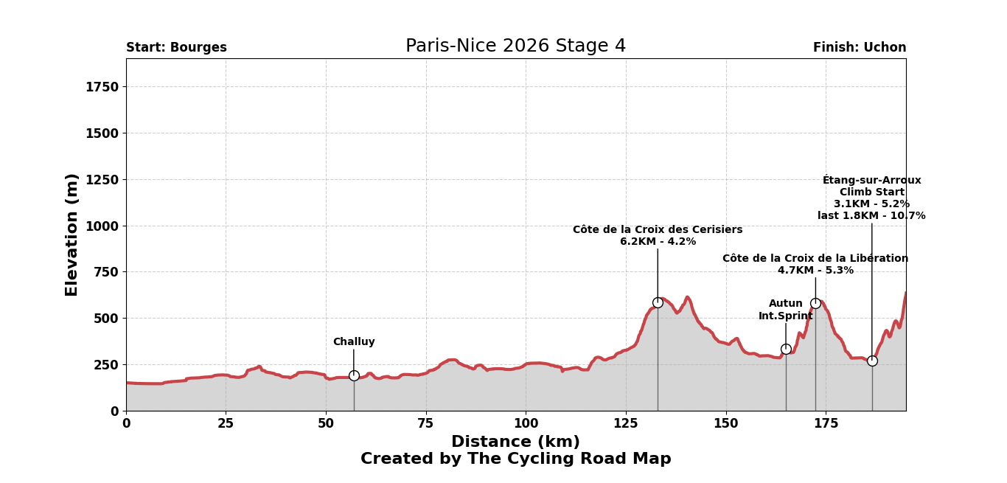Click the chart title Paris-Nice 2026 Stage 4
pos(515,46)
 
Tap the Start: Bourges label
pos(176,48)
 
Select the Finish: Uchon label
pos(860,48)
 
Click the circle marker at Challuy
pos(354,375)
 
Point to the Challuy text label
pos(354,342)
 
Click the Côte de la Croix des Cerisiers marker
pos(658,302)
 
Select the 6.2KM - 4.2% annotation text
pos(658,242)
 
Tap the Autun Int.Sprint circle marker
pos(786,349)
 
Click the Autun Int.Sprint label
pos(786,310)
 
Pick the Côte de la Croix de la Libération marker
pos(815,303)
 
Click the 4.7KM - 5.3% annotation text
pos(815,271)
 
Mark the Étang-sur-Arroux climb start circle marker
pos(872,361)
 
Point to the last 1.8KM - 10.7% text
pos(871,216)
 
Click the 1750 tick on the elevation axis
pos(102,87)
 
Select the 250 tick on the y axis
pos(105,365)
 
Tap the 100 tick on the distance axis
pos(526,424)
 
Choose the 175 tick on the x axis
pos(826,424)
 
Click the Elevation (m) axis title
pos(72,234)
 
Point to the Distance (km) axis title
pos(515,442)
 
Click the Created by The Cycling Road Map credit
pos(515,459)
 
